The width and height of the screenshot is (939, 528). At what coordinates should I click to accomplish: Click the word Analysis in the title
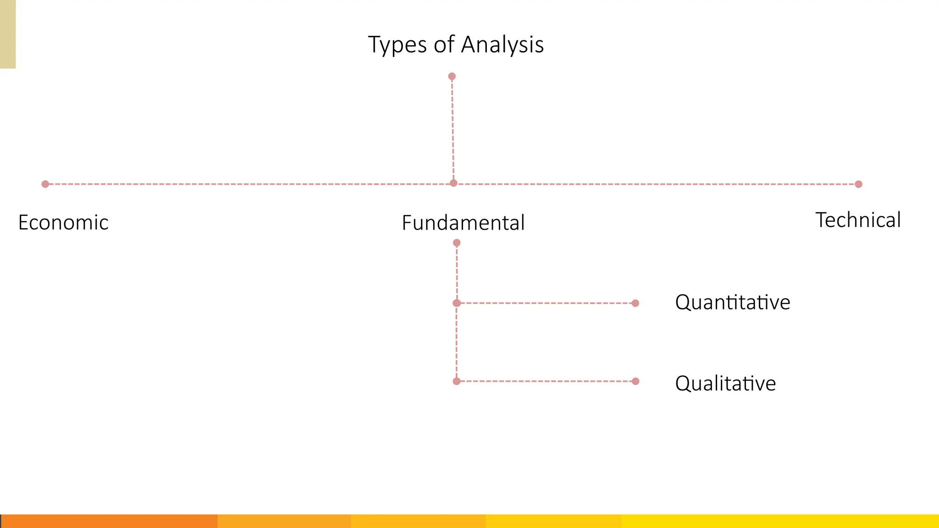point(503,45)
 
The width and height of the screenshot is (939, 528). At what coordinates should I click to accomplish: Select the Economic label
point(63,223)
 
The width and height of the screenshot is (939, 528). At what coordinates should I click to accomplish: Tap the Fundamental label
point(463,223)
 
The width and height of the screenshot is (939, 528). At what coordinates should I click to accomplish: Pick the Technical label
point(858,220)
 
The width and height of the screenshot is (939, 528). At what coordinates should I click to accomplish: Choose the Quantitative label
point(732,302)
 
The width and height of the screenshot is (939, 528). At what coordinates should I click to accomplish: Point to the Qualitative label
point(725,384)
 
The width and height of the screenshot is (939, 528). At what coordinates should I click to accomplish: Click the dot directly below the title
point(452,77)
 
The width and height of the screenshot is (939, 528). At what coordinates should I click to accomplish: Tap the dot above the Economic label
point(45,184)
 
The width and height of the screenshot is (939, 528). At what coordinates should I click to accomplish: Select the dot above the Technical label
point(859,184)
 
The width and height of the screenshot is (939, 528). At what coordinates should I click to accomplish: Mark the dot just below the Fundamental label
point(457,243)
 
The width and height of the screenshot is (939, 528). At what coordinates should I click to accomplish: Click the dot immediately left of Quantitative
point(635,303)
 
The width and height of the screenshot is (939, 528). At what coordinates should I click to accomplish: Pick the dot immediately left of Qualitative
point(635,381)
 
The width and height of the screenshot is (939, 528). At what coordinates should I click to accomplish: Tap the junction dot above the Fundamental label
point(453,183)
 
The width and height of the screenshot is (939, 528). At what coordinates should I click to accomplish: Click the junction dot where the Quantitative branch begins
point(457,303)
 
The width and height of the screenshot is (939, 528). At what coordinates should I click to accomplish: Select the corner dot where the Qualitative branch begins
point(457,381)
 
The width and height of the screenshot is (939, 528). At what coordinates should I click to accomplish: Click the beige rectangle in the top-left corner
point(8,34)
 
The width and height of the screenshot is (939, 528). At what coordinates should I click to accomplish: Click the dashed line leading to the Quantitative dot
point(546,303)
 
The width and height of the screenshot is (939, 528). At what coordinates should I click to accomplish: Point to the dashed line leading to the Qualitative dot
point(546,381)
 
